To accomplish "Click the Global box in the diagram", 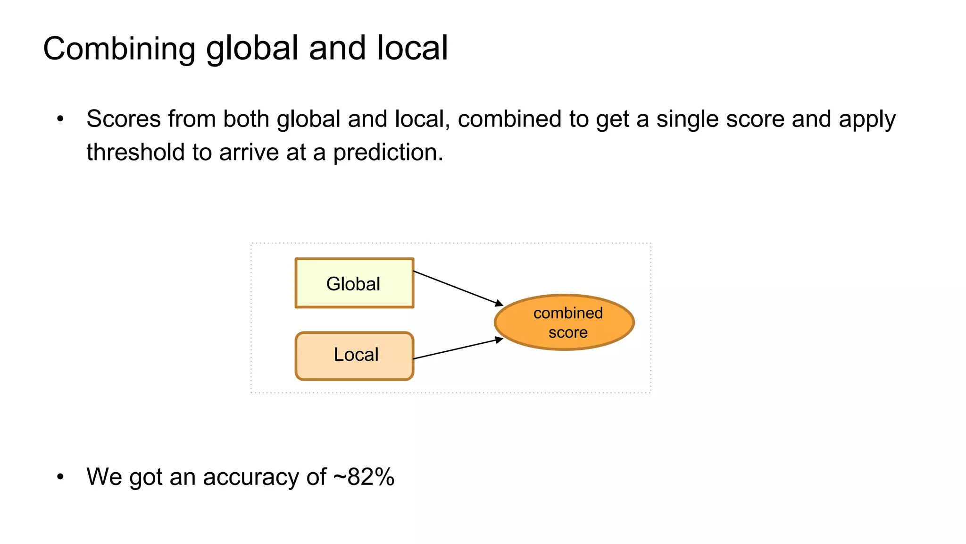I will (x=354, y=283).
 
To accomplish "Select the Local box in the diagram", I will (x=354, y=356).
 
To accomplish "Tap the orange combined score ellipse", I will (x=564, y=323).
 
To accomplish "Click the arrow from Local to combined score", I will (x=458, y=348).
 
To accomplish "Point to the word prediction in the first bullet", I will (x=388, y=153).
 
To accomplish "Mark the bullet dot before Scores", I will (x=60, y=119).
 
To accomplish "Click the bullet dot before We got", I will (x=60, y=477).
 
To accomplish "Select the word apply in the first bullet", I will (x=867, y=119).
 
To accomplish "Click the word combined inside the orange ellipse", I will (x=568, y=313).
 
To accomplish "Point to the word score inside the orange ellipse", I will (x=568, y=332).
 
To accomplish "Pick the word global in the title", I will (x=252, y=49).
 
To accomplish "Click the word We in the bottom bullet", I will (x=104, y=476).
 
